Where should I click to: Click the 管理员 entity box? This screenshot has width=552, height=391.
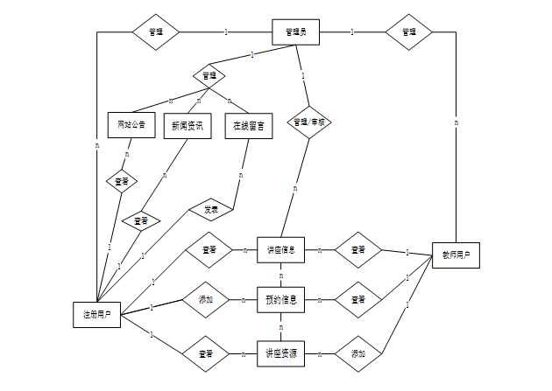coord(294,32)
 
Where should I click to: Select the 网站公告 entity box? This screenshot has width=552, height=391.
coord(131,125)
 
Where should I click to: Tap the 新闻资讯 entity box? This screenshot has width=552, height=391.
coord(188,125)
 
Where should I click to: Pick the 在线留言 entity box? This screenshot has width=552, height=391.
coord(249,125)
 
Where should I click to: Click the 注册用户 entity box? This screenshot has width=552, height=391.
coord(96,313)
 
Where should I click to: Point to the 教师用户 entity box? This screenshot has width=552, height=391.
coord(456,256)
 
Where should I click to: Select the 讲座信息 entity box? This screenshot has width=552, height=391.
coord(280,249)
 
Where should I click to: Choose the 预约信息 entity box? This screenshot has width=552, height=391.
coord(280,300)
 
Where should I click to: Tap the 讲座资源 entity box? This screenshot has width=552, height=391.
coord(280,353)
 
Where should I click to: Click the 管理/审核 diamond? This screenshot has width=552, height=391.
coord(309,122)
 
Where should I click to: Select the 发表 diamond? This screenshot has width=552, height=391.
coord(211,210)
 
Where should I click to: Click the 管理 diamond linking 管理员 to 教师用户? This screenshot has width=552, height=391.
coord(409,32)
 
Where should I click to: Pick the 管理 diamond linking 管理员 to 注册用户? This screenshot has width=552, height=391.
coord(156,32)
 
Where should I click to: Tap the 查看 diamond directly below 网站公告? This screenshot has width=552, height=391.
coord(122,182)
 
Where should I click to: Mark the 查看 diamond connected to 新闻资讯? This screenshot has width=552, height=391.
coord(141,220)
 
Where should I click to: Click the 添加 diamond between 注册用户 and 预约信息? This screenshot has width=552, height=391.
coord(207,300)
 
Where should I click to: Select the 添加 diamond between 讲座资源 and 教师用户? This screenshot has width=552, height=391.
coord(358,353)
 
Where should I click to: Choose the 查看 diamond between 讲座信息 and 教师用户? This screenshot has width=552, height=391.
coord(358,250)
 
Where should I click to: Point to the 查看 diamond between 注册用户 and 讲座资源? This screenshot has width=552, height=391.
coord(207,353)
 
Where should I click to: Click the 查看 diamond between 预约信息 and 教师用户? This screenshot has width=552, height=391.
coord(358,300)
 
